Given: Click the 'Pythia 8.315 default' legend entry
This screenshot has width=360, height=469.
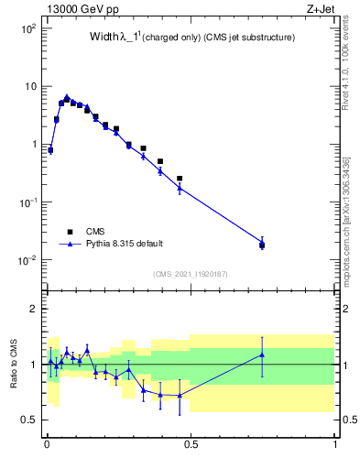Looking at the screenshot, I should [124, 244].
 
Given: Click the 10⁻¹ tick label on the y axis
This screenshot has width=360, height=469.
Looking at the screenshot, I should [27, 202].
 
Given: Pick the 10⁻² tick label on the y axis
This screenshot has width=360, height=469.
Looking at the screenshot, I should [27, 260].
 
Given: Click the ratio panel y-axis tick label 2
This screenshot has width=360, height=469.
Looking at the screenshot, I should [34, 310].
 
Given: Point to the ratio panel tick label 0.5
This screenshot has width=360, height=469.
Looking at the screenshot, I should [29, 420].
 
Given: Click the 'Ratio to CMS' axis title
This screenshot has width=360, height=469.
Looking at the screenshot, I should [14, 365].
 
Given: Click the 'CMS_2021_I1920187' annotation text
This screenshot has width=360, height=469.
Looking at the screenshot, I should [190, 273].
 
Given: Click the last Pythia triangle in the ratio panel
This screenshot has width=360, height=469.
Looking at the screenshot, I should [262, 354].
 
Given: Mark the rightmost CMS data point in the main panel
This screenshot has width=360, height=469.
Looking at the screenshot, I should [262, 245].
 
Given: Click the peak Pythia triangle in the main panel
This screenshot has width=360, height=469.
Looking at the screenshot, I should [67, 96].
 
